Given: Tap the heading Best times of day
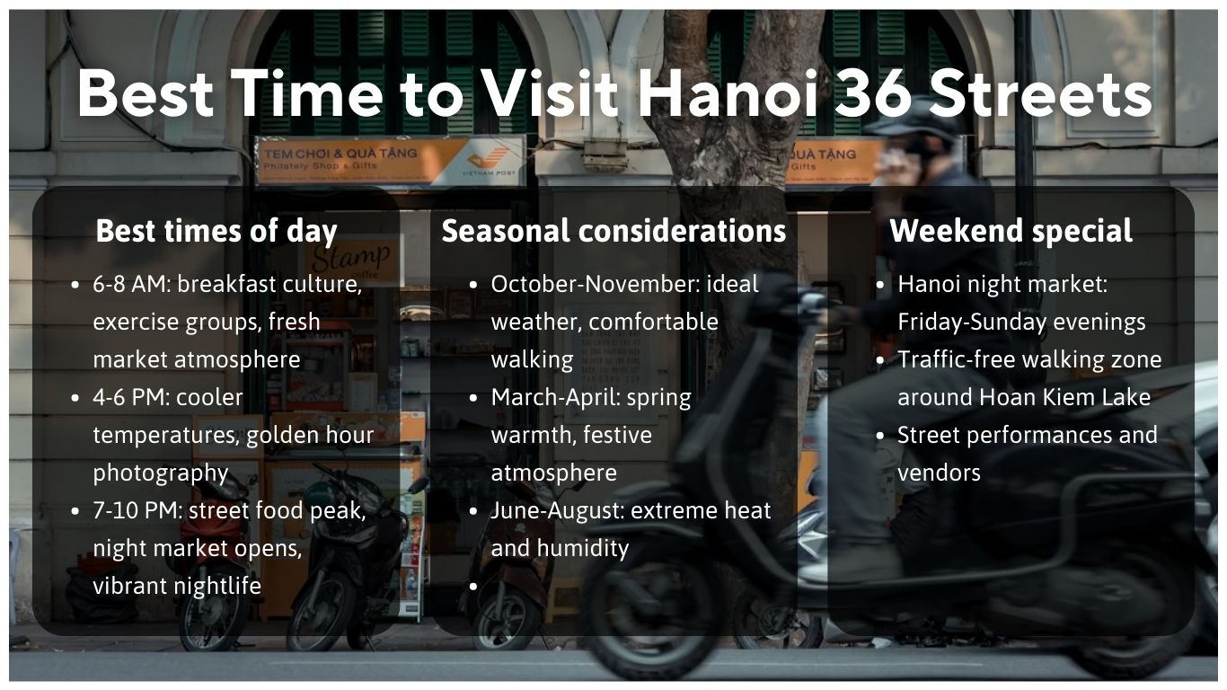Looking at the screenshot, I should (216, 231).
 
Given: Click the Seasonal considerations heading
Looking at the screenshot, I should (613, 231).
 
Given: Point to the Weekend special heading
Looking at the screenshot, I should (1011, 231).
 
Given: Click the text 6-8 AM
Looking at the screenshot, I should (131, 284).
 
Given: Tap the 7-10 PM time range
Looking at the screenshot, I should (137, 510).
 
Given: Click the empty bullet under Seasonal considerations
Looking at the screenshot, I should (472, 587).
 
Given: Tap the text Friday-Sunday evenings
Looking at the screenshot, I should (1021, 322).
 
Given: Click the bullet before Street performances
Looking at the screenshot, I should (880, 436).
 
